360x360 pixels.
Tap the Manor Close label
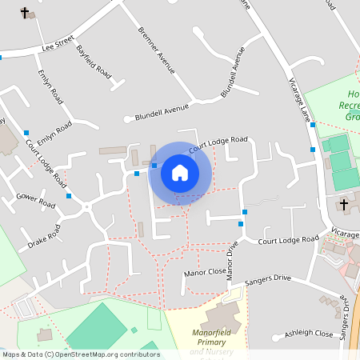click(205, 272)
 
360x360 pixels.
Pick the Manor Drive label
click(231, 261)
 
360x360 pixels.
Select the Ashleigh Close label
click(312, 333)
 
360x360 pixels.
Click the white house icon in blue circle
click(180, 173)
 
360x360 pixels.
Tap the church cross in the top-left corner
click(25, 12)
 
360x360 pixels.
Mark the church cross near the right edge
click(344, 205)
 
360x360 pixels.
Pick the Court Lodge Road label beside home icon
click(218, 143)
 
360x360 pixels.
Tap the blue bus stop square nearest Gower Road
click(70, 195)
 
